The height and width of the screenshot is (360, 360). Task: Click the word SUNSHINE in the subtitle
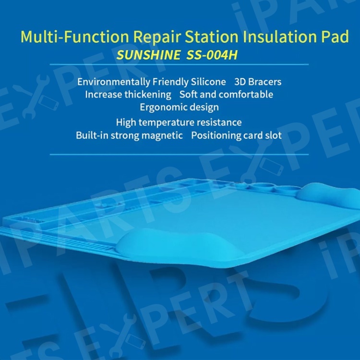pos(148,55)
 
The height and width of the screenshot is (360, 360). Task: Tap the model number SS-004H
pos(212,55)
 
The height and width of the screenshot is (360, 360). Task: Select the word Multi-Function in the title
pos(75,36)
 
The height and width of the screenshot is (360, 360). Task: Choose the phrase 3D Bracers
pos(258,82)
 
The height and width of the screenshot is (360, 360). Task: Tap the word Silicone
pos(208,82)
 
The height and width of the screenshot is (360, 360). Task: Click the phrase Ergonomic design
pos(180,108)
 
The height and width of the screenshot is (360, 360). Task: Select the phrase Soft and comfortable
pos(227,95)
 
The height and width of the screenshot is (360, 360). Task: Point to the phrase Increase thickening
pos(128,95)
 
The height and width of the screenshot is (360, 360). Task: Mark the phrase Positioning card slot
pos(237,135)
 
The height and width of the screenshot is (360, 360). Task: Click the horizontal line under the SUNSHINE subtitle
pos(179,64)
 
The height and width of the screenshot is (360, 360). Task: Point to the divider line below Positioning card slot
pos(179,154)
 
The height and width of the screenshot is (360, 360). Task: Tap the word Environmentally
pos(113,82)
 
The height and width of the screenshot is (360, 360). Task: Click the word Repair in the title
pos(157,37)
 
